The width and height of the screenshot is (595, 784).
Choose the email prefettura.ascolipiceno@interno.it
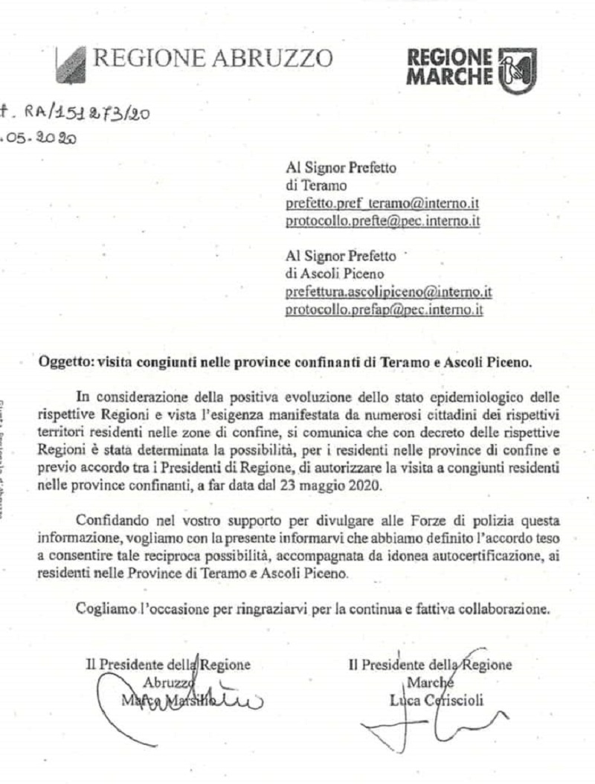(389, 292)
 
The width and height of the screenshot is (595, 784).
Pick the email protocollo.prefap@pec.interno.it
(385, 311)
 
